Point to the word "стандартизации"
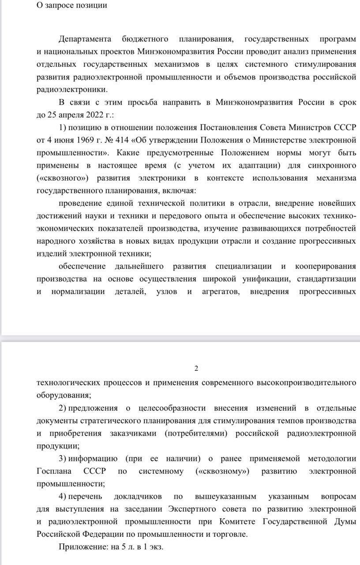[326, 279]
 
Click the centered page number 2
[196, 369]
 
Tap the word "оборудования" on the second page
[63, 395]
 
